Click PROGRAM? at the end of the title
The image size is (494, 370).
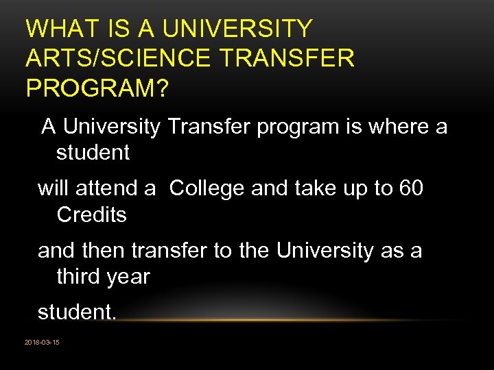pos(97,88)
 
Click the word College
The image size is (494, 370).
pos(207,188)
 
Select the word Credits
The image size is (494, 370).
pos(91,214)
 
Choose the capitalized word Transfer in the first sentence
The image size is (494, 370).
pos(210,127)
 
